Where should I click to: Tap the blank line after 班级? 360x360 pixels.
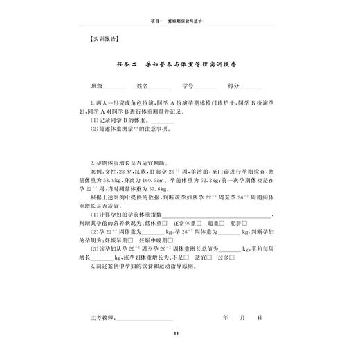114,88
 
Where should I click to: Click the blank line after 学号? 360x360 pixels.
205,88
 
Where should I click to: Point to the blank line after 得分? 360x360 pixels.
250,88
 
